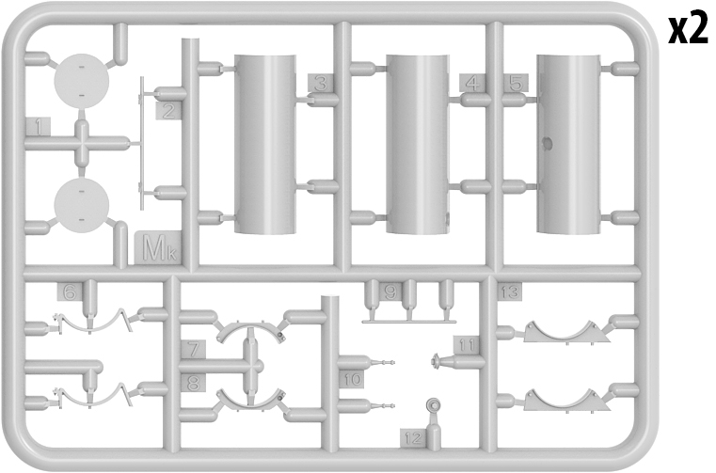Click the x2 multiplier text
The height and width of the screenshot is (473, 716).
pos(688,30)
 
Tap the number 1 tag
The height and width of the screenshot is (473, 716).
pos(39,126)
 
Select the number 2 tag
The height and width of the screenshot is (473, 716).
pos(168,111)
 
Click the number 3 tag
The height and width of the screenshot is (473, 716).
pos(321,83)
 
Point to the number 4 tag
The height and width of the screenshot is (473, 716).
pos(473,83)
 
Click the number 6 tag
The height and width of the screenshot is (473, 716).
pos(70,292)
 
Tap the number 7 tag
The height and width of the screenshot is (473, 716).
pos(193,350)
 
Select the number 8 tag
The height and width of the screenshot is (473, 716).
pos(193,383)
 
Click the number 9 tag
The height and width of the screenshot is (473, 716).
pos(390,292)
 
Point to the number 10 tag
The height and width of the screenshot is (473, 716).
pos(352,379)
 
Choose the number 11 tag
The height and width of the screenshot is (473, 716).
pos(467,346)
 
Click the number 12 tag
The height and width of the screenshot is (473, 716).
pos(413,438)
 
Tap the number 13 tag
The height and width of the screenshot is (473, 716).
pos(510,292)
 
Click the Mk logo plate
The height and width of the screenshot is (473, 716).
pos(158,248)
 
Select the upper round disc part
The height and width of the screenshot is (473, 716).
pos(81,81)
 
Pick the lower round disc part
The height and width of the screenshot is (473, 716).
pos(81,205)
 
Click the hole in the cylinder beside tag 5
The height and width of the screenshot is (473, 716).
pos(547,143)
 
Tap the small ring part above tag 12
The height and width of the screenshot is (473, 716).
pos(434,404)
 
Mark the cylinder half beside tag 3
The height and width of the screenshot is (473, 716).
pos(264,144)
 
